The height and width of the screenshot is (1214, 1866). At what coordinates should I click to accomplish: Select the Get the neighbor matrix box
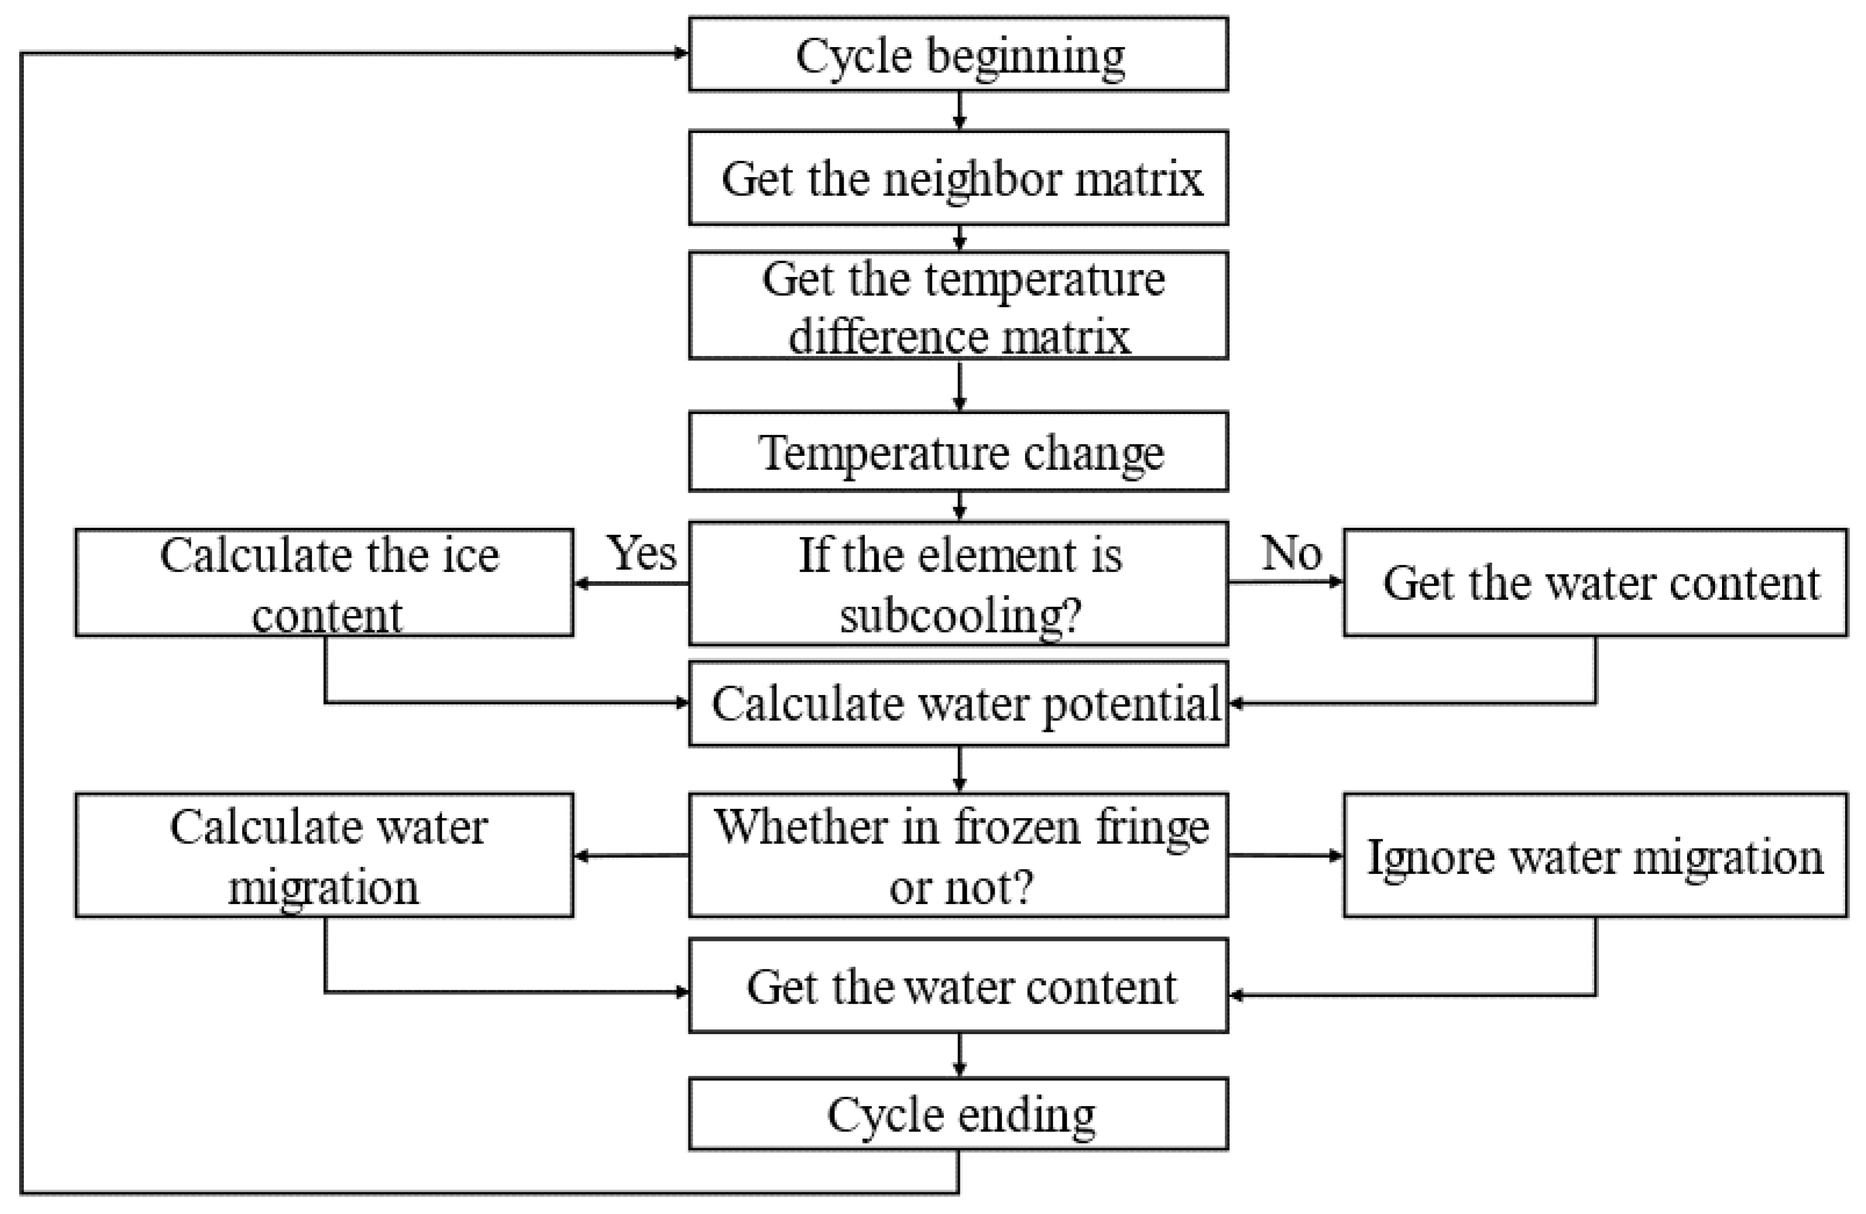coord(958,178)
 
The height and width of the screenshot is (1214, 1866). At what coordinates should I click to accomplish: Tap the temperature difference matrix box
coord(958,306)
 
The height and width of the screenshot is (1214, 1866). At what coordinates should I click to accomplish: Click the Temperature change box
coord(958,452)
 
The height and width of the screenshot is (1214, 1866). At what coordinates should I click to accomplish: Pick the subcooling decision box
coord(958,583)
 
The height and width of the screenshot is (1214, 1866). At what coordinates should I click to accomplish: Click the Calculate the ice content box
coord(325,583)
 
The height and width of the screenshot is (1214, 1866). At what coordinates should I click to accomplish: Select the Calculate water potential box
coord(958,704)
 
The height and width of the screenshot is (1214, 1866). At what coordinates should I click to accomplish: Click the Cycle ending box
coord(958,1114)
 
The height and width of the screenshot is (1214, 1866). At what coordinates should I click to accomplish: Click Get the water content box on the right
coord(1595,583)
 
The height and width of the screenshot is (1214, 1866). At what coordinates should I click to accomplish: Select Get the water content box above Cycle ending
coord(958,986)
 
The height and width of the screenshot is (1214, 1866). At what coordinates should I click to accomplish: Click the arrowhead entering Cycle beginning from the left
coord(680,53)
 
